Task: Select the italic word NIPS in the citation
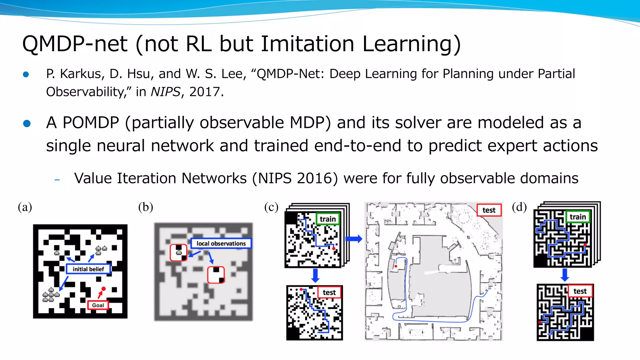pyautogui.click(x=165, y=92)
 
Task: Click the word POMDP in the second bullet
pyautogui.click(x=91, y=122)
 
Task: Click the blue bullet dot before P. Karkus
pyautogui.click(x=26, y=74)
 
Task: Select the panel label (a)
pyautogui.click(x=25, y=207)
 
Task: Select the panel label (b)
pyautogui.click(x=146, y=207)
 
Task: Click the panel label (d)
pyautogui.click(x=519, y=207)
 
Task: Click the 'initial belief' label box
pyautogui.click(x=88, y=269)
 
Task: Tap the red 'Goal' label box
pyautogui.click(x=98, y=305)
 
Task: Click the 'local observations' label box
pyautogui.click(x=221, y=243)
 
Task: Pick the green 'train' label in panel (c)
pyautogui.click(x=327, y=219)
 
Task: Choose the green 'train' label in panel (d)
pyautogui.click(x=577, y=217)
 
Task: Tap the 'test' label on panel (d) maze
pyautogui.click(x=580, y=291)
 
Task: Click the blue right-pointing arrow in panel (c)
pyautogui.click(x=354, y=239)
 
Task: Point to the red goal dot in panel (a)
pyautogui.click(x=103, y=289)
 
